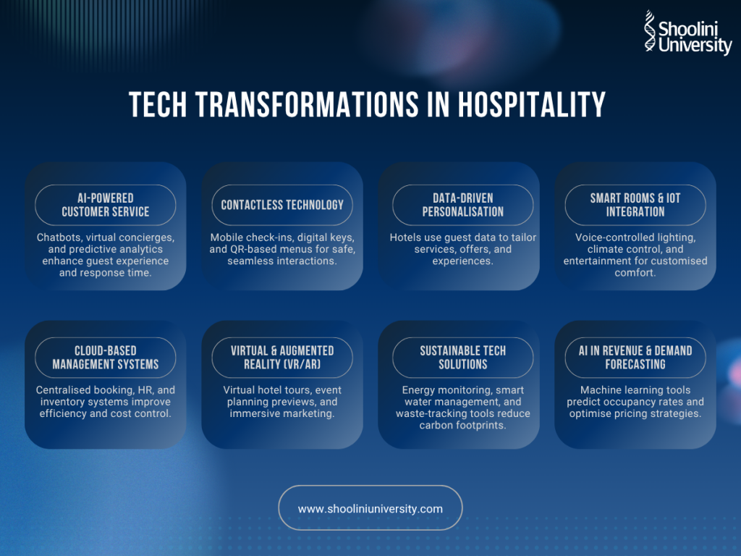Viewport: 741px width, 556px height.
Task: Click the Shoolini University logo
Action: pyautogui.click(x=688, y=33)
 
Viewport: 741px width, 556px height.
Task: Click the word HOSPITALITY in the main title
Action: pyautogui.click(x=532, y=104)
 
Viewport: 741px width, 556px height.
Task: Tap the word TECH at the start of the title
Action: pyautogui.click(x=158, y=104)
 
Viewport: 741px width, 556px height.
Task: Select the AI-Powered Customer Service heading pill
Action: pyautogui.click(x=106, y=205)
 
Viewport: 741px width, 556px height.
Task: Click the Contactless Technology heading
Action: pyautogui.click(x=282, y=205)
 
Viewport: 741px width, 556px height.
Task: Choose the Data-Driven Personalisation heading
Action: pyautogui.click(x=462, y=205)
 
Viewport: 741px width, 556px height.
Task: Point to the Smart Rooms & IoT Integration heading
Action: pyautogui.click(x=635, y=205)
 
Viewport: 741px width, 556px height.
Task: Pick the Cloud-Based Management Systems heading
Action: pyautogui.click(x=106, y=358)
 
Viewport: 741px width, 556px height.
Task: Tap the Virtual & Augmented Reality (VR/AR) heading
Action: pyautogui.click(x=282, y=358)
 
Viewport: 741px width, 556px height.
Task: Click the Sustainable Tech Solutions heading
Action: pyautogui.click(x=462, y=358)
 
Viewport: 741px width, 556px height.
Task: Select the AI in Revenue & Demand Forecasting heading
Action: pyautogui.click(x=635, y=358)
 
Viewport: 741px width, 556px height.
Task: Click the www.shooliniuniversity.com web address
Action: pyautogui.click(x=370, y=509)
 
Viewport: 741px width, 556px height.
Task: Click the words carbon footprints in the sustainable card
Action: pyautogui.click(x=462, y=426)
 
